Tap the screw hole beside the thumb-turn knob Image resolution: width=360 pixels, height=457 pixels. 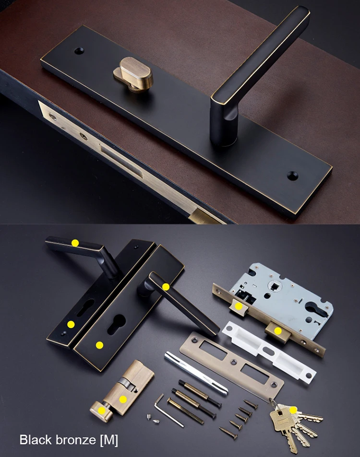tap(79, 51)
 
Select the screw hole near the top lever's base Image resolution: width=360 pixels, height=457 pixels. tap(292, 175)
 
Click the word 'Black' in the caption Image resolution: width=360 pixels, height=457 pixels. tap(36, 439)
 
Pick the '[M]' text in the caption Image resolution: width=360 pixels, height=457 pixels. tap(109, 440)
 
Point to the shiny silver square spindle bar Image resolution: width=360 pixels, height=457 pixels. tap(196, 374)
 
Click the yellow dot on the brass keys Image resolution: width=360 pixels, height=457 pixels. tap(293, 410)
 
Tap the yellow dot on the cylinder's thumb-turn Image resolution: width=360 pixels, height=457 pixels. tap(102, 410)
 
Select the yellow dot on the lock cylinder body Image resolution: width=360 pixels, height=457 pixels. tap(123, 399)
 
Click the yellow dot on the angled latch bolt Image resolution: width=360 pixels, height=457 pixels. tap(239, 306)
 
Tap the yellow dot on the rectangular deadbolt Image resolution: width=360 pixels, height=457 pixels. tap(278, 331)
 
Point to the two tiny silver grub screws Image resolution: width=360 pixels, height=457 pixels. tap(153, 419)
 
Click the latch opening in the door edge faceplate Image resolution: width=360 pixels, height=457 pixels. tap(121, 161)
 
